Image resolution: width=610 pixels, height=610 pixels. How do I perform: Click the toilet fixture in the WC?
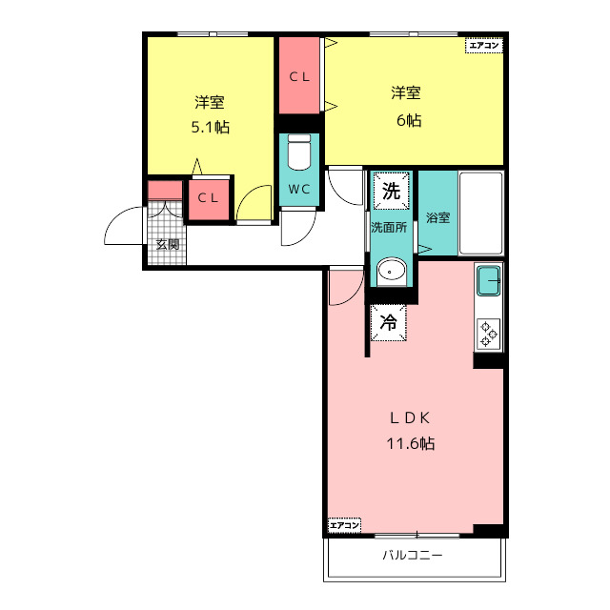click(298, 152)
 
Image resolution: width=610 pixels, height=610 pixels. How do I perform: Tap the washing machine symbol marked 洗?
click(392, 191)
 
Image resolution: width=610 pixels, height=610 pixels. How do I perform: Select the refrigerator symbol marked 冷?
click(388, 322)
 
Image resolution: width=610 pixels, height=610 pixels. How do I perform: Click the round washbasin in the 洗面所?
click(392, 270)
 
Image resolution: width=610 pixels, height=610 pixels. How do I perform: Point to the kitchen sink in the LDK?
click(489, 280)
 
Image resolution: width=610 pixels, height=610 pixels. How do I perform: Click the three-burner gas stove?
click(489, 333)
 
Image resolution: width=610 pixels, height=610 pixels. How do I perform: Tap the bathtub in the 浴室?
click(481, 213)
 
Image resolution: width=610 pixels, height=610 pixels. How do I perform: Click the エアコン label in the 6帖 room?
click(484, 46)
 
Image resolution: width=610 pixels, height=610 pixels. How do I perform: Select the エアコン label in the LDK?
click(345, 525)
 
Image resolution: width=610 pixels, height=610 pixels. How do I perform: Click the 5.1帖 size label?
click(211, 127)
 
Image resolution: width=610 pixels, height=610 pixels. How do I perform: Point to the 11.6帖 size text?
click(411, 443)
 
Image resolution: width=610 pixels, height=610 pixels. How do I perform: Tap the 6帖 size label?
click(409, 120)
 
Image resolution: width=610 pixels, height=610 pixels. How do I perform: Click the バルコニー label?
click(413, 555)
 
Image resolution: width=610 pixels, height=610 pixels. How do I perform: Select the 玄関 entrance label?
click(168, 245)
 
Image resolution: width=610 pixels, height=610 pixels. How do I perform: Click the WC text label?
click(299, 190)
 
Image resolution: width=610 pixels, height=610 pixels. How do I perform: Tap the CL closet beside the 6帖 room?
click(299, 76)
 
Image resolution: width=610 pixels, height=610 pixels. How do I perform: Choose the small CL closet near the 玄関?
click(209, 199)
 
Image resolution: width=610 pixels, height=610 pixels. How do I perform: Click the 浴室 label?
click(438, 217)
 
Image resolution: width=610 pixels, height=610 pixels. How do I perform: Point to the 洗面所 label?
click(389, 227)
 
